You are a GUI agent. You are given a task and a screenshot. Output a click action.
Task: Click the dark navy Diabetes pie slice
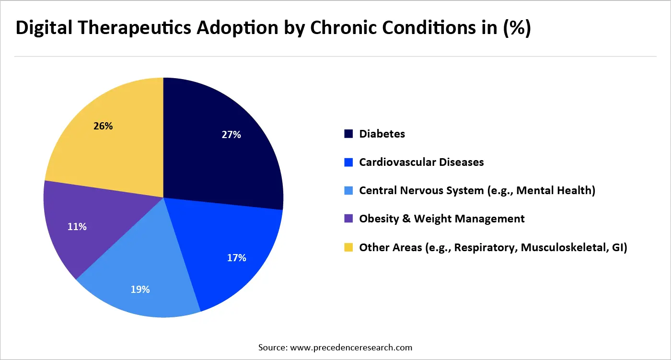[x=220, y=153]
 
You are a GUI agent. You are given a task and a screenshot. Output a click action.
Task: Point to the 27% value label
[x=231, y=135]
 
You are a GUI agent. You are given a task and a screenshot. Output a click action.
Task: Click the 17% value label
[x=236, y=258]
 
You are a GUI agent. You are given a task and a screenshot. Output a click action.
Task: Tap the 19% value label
[x=140, y=290]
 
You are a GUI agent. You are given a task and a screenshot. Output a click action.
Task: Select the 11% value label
[x=77, y=227]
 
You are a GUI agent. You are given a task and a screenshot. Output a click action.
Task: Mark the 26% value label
[x=103, y=126]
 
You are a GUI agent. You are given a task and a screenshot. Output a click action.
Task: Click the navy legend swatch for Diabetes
[x=348, y=134]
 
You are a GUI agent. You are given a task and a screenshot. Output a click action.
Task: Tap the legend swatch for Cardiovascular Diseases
[x=348, y=163]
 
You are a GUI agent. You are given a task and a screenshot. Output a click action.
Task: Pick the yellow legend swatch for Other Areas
[x=348, y=247]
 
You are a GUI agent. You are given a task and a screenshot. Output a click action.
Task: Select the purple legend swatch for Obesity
[x=348, y=219]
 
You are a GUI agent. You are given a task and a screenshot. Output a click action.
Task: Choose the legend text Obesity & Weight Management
[x=441, y=219]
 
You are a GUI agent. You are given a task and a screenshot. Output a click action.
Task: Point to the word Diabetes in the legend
[x=382, y=134]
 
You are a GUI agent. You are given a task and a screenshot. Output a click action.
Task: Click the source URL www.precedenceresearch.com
[x=349, y=347]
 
